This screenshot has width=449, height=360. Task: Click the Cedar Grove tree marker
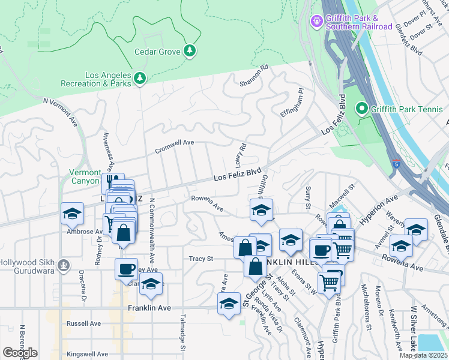190,50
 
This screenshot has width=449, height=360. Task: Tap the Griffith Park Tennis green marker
361,109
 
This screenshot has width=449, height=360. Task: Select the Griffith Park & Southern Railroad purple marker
316,22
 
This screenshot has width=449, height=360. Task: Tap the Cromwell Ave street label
175,145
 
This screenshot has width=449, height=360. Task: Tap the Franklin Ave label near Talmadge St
149,308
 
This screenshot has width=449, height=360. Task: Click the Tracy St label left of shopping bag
202,259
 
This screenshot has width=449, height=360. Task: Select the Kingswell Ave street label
88,354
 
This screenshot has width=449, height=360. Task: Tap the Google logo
20,353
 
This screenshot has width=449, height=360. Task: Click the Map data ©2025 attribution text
423,355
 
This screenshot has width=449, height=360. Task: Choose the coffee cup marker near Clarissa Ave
126,269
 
